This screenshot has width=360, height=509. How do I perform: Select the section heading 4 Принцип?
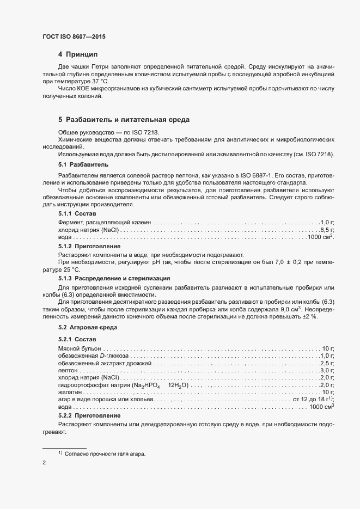(78, 54)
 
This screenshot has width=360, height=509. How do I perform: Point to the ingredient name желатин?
(70, 392)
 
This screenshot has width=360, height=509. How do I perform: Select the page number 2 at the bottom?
(44, 464)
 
